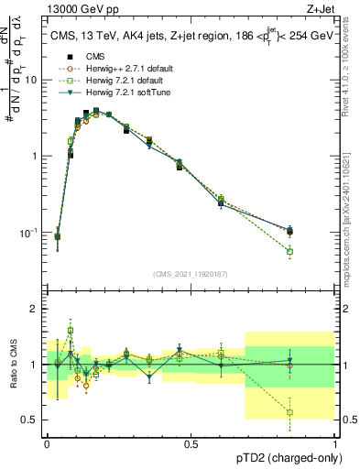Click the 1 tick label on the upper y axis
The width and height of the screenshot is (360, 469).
click(35, 156)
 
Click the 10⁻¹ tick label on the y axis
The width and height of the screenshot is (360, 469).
click(30, 233)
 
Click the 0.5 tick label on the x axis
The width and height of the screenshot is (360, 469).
click(191, 445)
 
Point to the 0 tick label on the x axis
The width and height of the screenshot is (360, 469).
click(48, 445)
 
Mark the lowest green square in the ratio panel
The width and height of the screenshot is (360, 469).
click(290, 412)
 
